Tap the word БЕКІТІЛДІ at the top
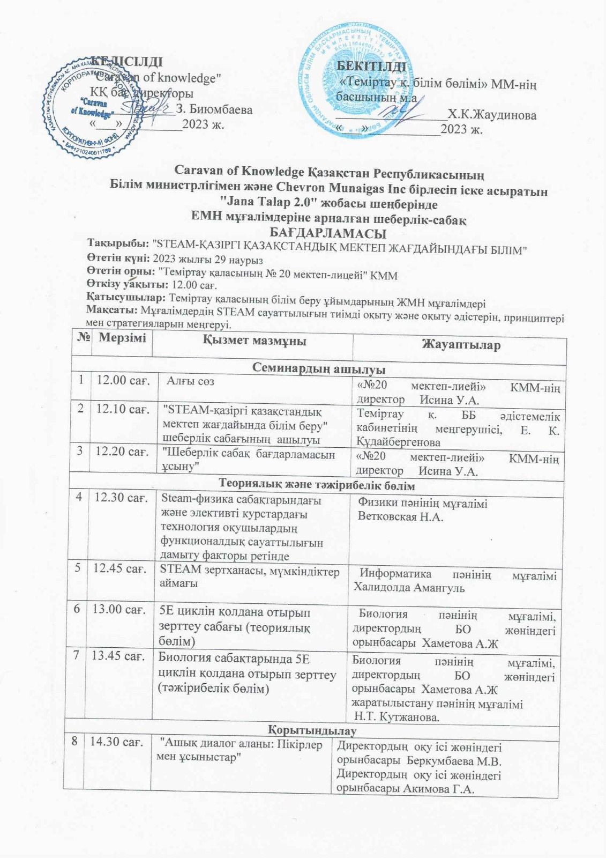coord(371,66)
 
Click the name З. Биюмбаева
coord(214,110)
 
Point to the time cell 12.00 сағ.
coord(122,380)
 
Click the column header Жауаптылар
coord(461,344)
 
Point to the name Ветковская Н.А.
coord(400,517)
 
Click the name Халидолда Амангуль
coord(409,587)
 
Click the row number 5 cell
coord(78,567)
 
